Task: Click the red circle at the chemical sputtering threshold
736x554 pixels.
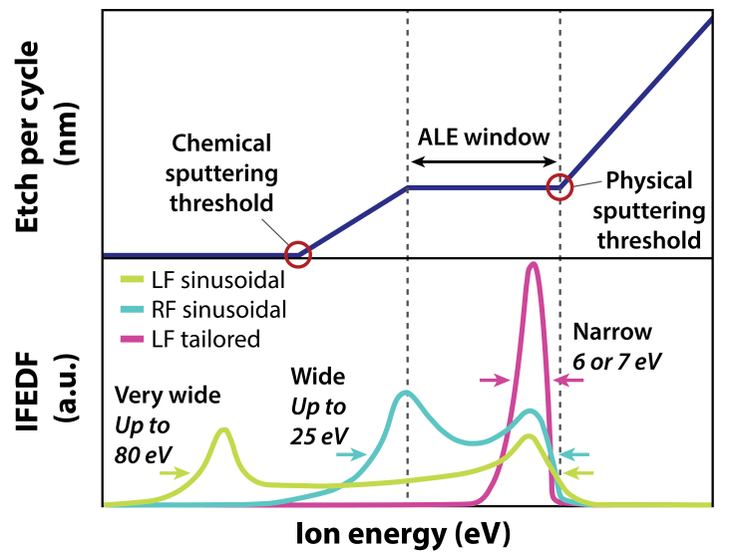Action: (298, 255)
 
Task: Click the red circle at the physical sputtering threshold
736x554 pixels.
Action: (560, 186)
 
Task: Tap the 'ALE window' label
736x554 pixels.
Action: (484, 137)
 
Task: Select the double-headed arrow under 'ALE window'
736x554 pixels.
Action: (484, 161)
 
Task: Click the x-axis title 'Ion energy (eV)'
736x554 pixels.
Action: (402, 533)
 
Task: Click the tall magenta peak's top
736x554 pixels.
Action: (534, 265)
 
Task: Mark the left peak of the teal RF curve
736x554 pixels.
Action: (405, 393)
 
